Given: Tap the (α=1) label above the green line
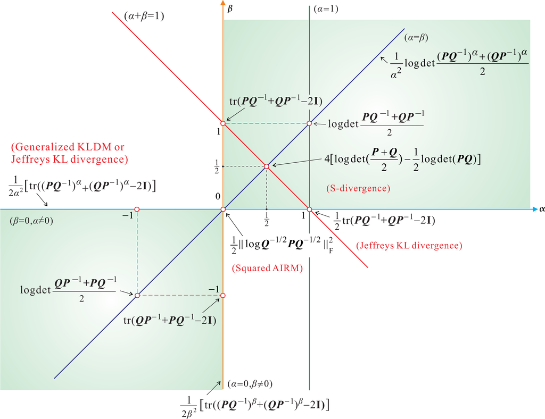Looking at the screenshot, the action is coord(326,9).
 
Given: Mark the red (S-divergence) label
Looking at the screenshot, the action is coord(358,188).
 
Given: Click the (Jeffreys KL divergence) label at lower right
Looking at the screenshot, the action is coord(409,245).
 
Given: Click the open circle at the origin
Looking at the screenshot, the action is coord(223,209).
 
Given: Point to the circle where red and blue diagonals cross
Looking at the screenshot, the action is coord(266,166).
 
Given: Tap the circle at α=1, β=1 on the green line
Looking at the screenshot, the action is coord(309,123).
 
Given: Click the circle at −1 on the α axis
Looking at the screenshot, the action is coord(137,209).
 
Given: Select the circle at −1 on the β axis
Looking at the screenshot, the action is coord(223,295).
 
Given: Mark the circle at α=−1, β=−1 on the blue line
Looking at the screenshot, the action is coord(137,295).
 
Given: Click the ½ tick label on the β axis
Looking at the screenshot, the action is coord(216,166).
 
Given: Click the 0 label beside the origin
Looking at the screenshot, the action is coord(217,197).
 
